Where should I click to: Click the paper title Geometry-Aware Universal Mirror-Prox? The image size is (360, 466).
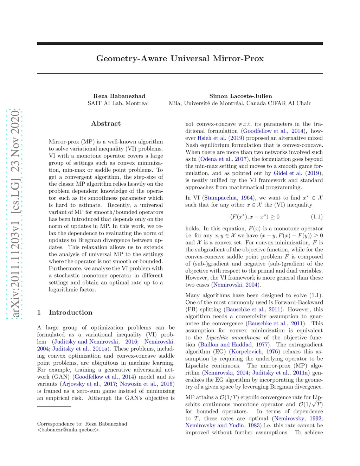coord(180,58)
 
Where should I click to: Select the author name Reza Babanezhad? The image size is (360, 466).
coord(119,96)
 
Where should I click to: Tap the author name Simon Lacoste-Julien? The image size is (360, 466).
coord(240,96)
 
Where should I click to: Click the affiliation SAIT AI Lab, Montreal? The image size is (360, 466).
coord(118,103)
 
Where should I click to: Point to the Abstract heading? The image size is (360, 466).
coord(106,123)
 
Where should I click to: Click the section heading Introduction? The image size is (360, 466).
coord(70,312)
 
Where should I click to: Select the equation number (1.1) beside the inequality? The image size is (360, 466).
coord(317,217)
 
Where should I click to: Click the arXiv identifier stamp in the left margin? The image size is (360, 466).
coord(15,214)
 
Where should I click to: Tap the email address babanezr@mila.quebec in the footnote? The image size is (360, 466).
coord(69,429)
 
